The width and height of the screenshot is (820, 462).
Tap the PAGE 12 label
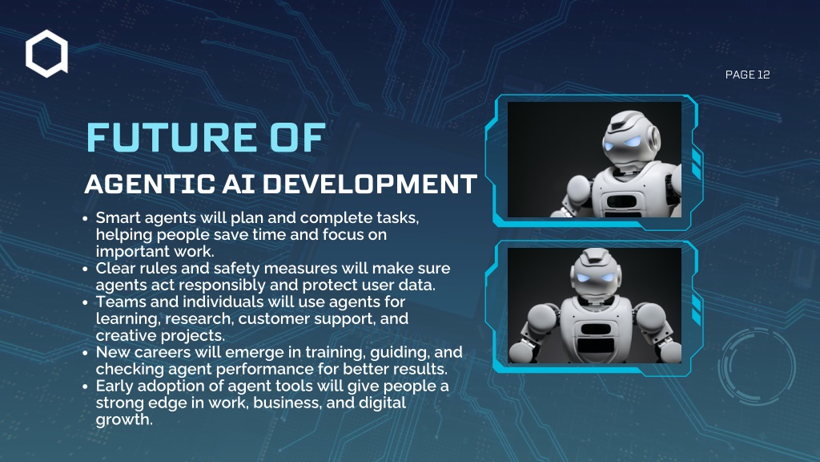tap(747, 75)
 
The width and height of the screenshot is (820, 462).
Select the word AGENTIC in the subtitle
tap(150, 184)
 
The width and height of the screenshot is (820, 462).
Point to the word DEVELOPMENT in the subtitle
tap(370, 184)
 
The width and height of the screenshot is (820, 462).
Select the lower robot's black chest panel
tap(596, 338)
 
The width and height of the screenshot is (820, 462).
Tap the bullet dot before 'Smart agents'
tap(85, 218)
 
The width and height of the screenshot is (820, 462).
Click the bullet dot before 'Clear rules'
tap(85, 269)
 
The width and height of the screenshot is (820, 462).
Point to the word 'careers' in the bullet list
tap(165, 353)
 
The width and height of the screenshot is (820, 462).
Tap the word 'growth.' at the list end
tap(124, 420)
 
